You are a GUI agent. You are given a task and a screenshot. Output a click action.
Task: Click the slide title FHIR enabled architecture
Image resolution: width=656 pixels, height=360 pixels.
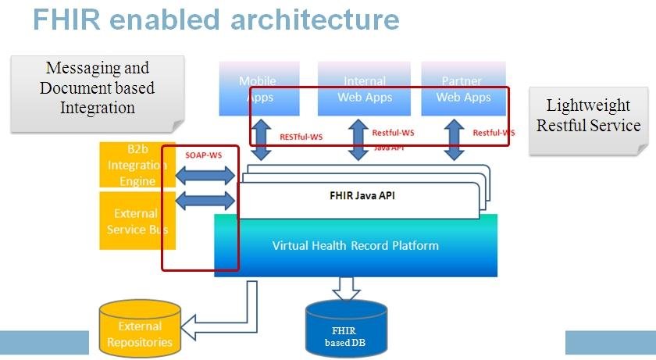[x=216, y=19]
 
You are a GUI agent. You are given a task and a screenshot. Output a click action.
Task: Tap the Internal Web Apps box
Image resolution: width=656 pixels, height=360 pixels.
[x=365, y=88]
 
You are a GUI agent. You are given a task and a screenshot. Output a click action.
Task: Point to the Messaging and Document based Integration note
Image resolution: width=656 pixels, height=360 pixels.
[x=98, y=88]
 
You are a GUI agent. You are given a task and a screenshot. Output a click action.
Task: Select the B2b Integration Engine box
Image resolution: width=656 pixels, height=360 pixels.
[x=130, y=165]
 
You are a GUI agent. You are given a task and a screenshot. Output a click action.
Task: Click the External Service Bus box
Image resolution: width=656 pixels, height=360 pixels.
[x=130, y=221]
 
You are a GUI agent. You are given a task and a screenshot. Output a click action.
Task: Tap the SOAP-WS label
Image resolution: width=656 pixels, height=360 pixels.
[x=203, y=155]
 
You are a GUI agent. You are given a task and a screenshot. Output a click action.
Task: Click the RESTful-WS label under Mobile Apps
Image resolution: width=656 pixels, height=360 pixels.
[x=301, y=137]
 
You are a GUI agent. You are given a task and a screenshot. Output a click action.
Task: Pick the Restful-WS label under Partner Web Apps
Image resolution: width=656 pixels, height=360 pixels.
[x=494, y=133]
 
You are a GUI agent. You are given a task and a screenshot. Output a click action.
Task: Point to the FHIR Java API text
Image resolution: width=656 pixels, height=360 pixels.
[x=362, y=196]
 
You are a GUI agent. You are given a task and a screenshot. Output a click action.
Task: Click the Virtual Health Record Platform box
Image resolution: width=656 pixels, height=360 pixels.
[x=355, y=245]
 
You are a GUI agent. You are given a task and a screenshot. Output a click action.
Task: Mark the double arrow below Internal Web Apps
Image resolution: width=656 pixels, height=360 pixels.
[x=358, y=141]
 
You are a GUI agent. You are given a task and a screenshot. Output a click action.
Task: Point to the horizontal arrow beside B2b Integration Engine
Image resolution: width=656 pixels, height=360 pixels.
[x=205, y=176]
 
